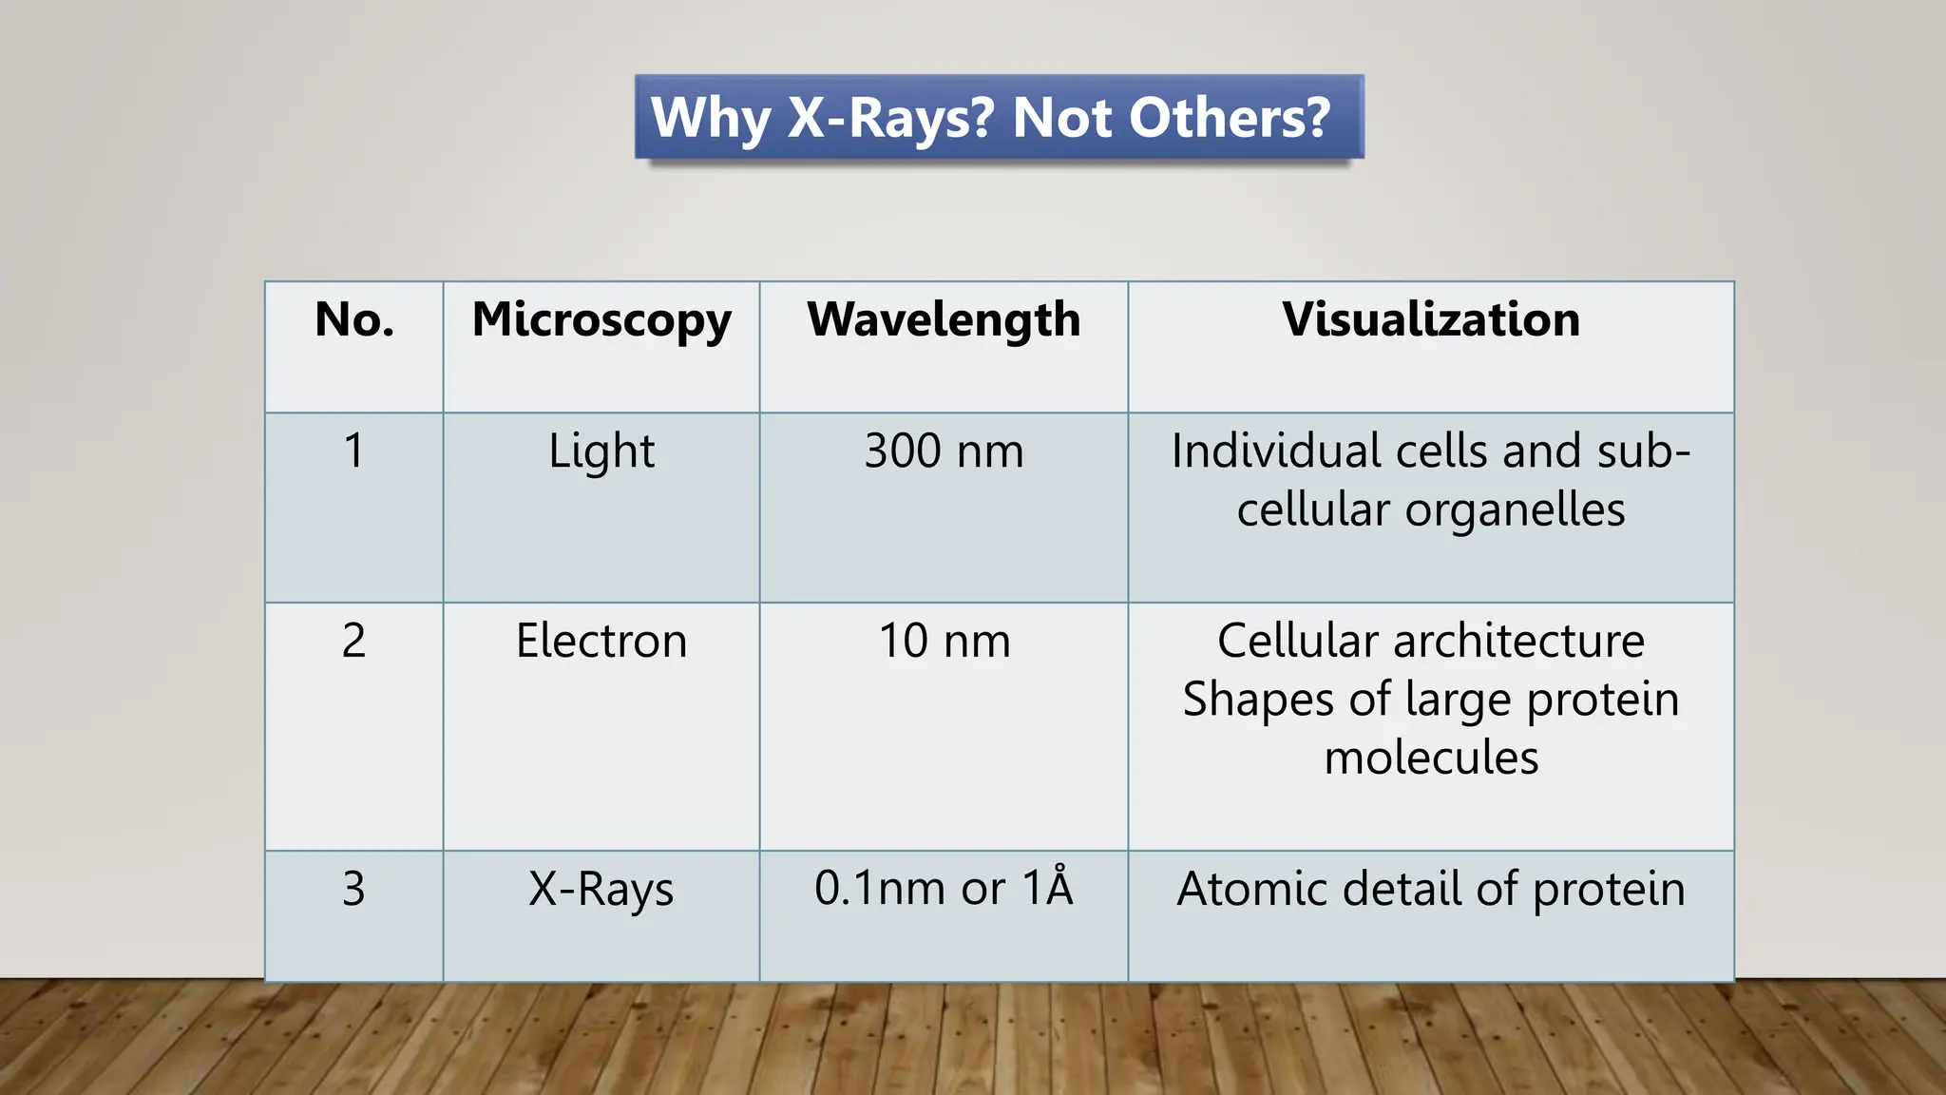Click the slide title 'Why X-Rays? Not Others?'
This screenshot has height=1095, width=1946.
(990, 118)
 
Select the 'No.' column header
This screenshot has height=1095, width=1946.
(354, 319)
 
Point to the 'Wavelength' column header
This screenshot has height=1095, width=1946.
(944, 320)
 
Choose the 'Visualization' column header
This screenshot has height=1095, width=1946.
(1431, 319)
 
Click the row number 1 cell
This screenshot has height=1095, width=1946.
(353, 451)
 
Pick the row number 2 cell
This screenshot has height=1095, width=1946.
(353, 641)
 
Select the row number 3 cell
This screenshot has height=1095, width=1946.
(353, 889)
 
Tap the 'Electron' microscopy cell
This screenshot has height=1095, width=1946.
(601, 641)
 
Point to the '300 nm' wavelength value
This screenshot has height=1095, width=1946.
(944, 451)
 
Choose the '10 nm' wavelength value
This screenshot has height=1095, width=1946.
(944, 641)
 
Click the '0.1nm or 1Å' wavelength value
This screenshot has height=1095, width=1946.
(944, 888)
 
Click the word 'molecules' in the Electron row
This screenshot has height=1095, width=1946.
(1431, 759)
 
